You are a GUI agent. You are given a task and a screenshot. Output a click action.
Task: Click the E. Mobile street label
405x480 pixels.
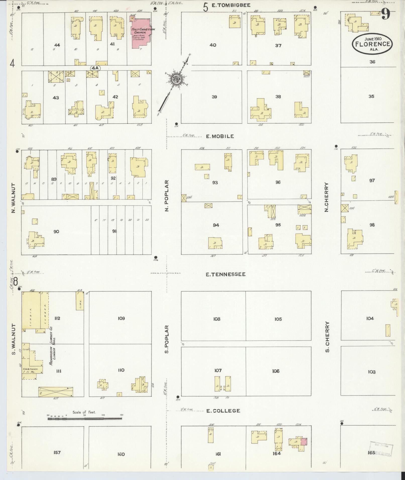point(220,136)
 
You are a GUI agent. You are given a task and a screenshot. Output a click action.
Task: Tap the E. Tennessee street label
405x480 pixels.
point(225,275)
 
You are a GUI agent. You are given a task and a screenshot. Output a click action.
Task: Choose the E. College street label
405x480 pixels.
point(223,411)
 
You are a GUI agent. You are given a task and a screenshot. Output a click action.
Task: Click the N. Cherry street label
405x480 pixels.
point(326,197)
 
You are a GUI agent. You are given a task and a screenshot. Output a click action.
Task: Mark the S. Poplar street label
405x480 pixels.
point(167,339)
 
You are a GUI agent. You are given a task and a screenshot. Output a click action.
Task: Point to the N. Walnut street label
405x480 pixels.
point(14,198)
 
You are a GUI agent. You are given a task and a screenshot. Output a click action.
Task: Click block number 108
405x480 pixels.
point(217,319)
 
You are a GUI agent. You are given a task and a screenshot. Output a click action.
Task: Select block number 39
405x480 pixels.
point(214,97)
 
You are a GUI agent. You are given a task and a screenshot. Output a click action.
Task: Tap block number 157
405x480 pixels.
point(57,452)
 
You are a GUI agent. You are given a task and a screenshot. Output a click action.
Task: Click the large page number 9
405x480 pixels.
point(386,14)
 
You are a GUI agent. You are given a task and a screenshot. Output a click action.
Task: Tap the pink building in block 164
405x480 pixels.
point(304,441)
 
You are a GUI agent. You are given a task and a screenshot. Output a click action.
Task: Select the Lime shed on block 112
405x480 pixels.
point(80,301)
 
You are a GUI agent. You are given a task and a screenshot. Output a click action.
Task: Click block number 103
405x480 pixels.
point(372,372)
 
